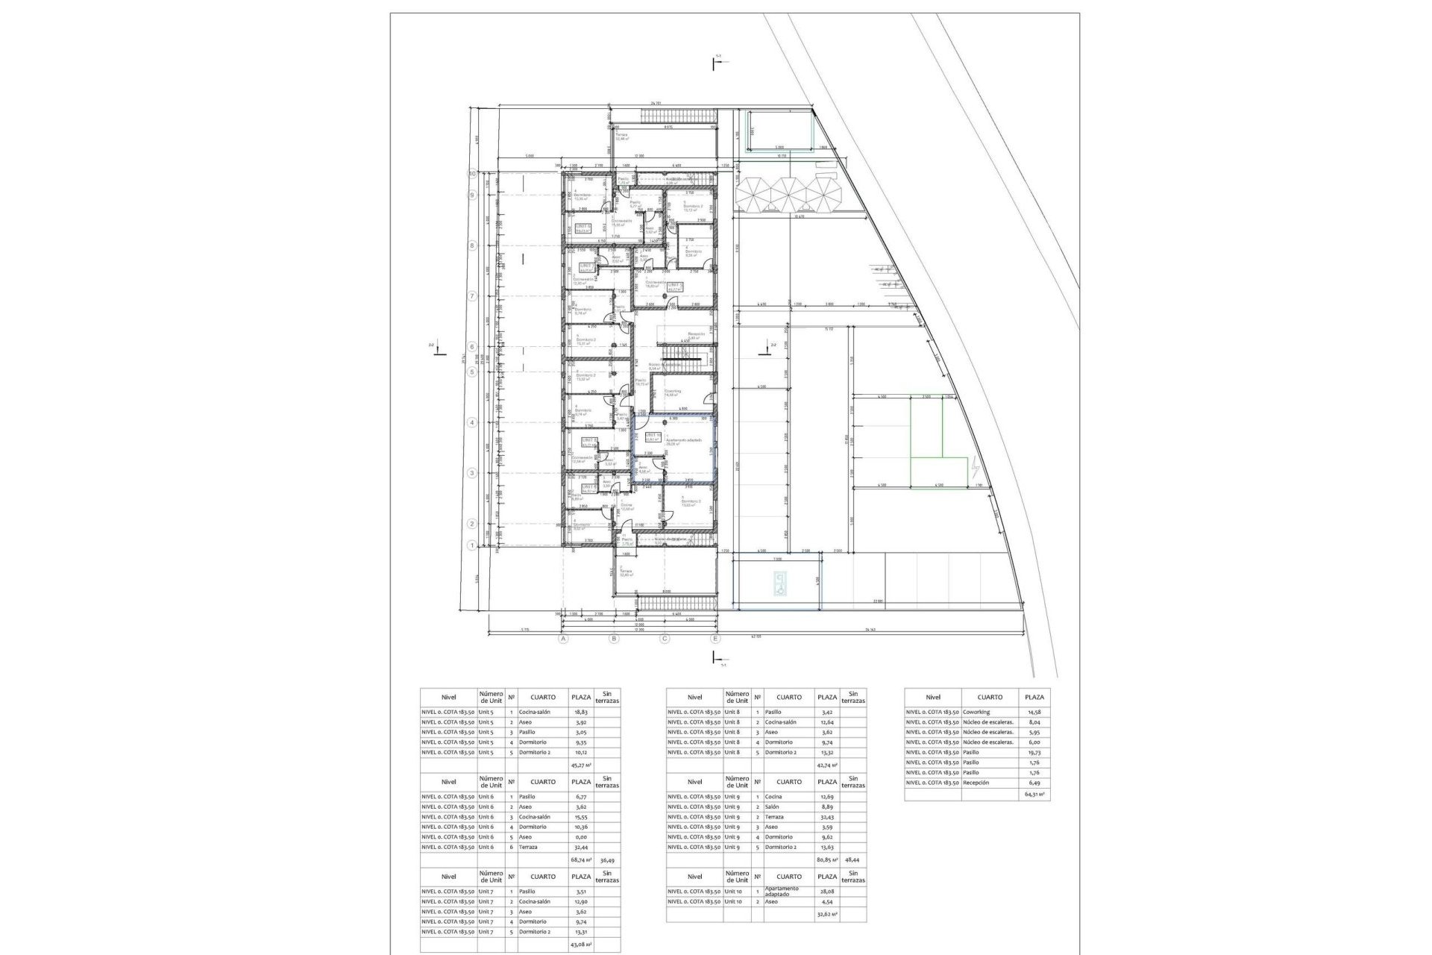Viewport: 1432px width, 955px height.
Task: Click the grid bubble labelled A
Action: (x=564, y=639)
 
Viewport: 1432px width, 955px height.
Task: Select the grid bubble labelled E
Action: (x=715, y=639)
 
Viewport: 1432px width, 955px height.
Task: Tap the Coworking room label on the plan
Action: (x=673, y=392)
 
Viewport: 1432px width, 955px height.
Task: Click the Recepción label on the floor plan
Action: (x=695, y=334)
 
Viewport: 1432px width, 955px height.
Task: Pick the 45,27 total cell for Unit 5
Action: (x=580, y=765)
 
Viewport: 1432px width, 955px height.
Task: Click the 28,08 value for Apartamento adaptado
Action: (x=827, y=892)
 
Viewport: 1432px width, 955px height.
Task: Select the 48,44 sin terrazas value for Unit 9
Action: (x=852, y=860)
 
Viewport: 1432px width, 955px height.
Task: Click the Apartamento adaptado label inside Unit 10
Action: (x=683, y=441)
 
